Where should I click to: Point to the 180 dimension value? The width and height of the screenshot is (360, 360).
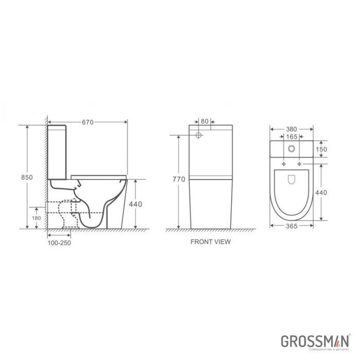point(35,218)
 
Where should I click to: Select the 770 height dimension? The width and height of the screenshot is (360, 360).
point(178,179)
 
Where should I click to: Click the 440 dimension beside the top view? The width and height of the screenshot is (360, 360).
point(321,192)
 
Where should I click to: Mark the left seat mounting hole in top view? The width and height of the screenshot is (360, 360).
point(283,164)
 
